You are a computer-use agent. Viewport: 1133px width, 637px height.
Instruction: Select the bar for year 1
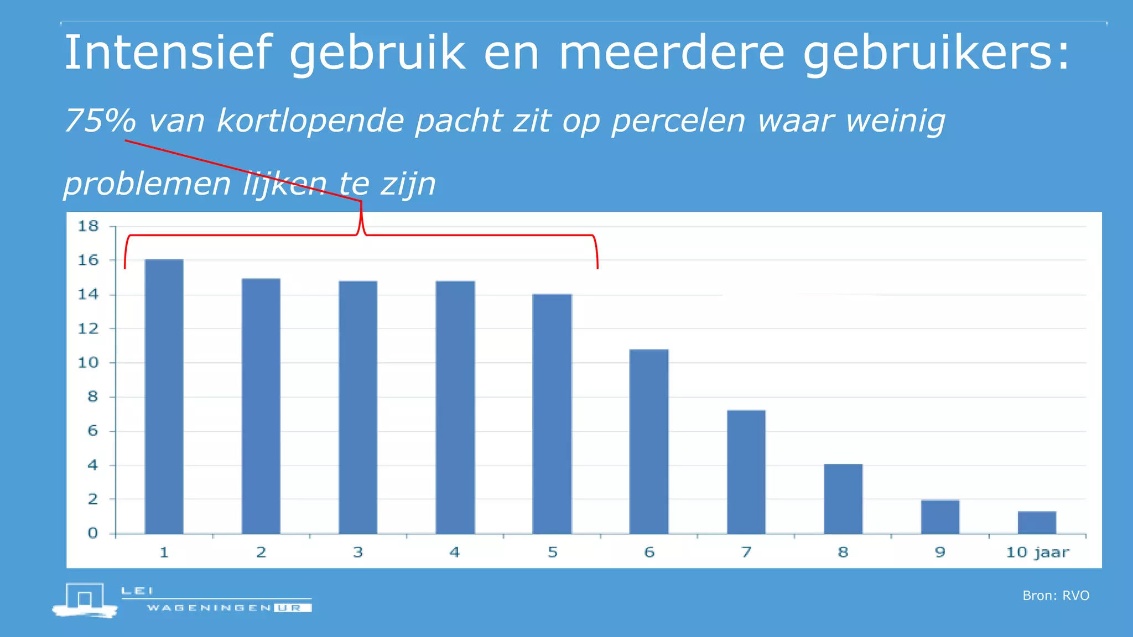point(164,396)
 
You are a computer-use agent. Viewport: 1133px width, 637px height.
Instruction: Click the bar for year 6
point(649,441)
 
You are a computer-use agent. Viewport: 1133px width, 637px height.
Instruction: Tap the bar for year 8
point(843,499)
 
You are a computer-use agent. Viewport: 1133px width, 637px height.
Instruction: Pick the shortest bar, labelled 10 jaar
point(1037,523)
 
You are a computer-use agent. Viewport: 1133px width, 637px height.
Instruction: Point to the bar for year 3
point(358,408)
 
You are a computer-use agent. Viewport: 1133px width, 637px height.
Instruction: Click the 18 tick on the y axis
point(88,226)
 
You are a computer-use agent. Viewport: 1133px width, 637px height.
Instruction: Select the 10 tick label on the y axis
point(88,363)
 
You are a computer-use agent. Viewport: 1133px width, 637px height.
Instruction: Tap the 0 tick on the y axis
point(92,534)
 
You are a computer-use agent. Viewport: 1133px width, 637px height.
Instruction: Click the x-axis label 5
point(552,552)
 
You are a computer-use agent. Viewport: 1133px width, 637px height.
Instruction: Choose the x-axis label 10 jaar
point(1037,552)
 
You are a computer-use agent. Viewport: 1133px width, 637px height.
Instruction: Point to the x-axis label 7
point(746,552)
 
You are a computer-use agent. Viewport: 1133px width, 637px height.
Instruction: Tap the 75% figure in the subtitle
point(100,121)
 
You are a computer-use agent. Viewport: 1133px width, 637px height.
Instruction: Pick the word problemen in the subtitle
point(147,184)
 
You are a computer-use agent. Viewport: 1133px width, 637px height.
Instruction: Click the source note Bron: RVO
point(1056,596)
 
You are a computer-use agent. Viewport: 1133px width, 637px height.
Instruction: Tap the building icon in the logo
point(85,599)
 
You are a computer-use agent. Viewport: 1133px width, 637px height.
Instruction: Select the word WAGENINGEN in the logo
point(209,608)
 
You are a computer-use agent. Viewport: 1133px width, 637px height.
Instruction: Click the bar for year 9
point(940,517)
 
